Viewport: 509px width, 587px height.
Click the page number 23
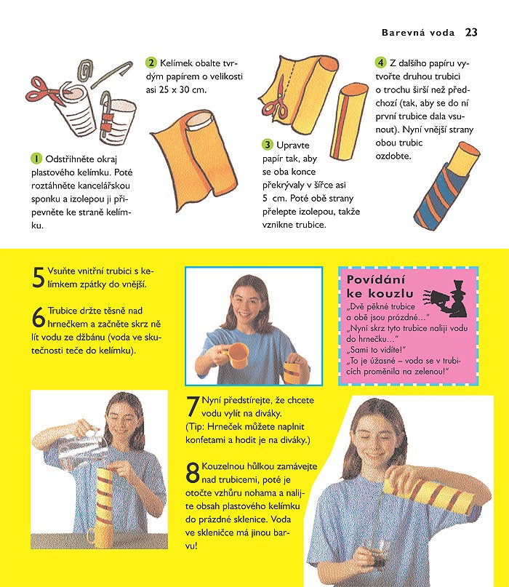[x=471, y=32]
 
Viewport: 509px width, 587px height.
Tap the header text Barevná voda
[x=417, y=33]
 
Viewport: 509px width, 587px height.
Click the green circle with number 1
[x=36, y=159]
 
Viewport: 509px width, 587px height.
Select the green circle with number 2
[x=151, y=63]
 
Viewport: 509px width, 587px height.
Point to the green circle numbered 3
[x=268, y=145]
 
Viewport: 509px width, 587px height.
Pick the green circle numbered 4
[x=380, y=63]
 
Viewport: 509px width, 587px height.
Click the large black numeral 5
[x=38, y=277]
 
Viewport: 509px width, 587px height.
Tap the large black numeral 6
[x=39, y=317]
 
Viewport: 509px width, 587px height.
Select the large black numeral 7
[x=193, y=407]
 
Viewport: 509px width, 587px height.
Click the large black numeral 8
[x=193, y=473]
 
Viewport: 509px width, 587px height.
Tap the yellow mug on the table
[x=100, y=535]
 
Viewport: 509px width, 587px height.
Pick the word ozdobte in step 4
[x=393, y=156]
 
